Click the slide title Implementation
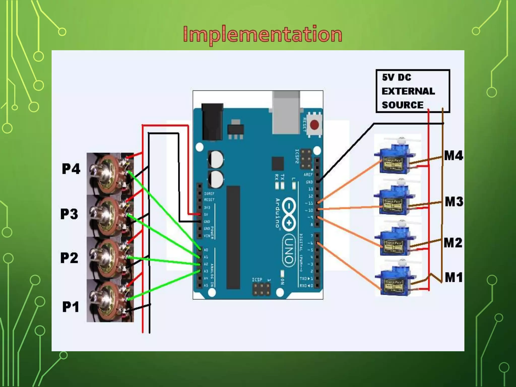(263, 35)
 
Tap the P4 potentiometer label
(71, 169)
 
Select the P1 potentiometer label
(71, 307)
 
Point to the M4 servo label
(454, 155)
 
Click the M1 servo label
(454, 277)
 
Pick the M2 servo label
(453, 243)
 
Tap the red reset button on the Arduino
(314, 125)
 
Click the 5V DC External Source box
(413, 91)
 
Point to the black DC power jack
(212, 122)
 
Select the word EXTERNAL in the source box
(408, 91)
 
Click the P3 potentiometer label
(69, 214)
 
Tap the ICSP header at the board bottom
(262, 289)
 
